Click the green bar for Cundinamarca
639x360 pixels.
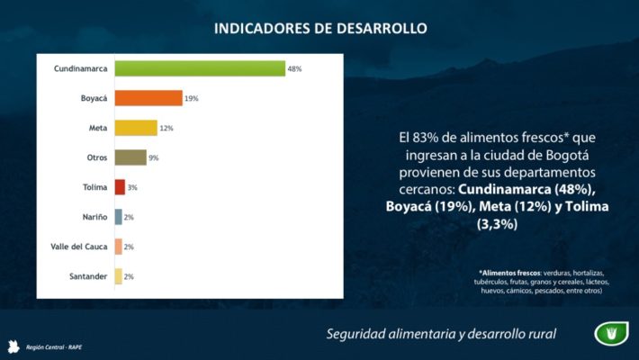200,68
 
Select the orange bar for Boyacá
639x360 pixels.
148,98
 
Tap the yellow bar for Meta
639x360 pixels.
136,128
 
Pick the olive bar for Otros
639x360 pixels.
130,157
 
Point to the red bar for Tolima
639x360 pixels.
120,187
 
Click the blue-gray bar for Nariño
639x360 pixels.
118,217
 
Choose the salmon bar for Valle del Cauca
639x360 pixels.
118,247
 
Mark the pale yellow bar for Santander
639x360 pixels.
118,276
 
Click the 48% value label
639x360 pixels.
294,69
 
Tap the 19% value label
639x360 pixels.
192,99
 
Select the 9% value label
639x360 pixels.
154,158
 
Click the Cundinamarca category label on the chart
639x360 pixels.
81,68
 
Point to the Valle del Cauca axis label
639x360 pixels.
79,247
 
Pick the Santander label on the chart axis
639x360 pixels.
87,276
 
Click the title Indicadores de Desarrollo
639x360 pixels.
320,28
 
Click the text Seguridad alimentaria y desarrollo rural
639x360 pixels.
441,335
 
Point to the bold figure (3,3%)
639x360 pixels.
498,224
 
